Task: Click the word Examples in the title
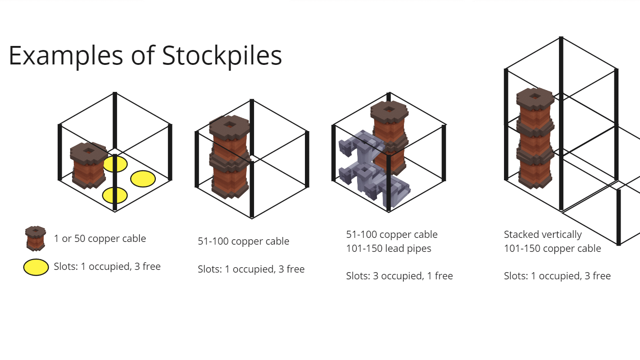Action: (x=66, y=56)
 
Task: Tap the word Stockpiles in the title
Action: (x=222, y=56)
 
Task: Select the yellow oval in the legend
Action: (x=36, y=267)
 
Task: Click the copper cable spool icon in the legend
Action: (x=36, y=238)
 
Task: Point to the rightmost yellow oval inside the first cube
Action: (x=143, y=179)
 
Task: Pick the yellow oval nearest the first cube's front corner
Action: (x=115, y=196)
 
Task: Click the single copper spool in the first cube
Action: (x=89, y=165)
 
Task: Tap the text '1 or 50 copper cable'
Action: (x=100, y=238)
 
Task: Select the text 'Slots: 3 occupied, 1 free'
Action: (x=399, y=276)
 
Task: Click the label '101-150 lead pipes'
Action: (x=389, y=249)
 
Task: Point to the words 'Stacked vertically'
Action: (x=543, y=235)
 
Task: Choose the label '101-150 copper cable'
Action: (x=553, y=249)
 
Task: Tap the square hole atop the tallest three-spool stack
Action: (x=535, y=96)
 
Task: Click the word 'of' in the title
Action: (x=143, y=56)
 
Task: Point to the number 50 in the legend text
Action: (x=80, y=238)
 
